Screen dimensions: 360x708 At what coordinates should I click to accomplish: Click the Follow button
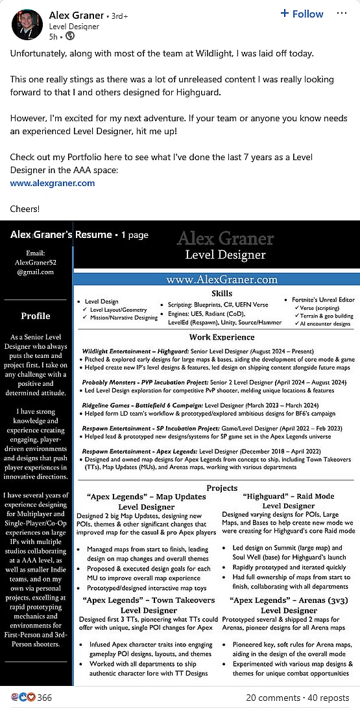pos(302,14)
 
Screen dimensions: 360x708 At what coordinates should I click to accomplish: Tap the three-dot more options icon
pos(342,14)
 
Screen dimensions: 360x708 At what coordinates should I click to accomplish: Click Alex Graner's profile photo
pos(27,25)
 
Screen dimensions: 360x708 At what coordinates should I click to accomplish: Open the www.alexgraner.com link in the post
pos(53,183)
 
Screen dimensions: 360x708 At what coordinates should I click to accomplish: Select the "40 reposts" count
pos(328,698)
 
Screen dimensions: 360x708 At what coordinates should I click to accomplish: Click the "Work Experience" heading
pos(221,337)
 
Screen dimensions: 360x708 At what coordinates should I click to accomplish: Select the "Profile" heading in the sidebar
pos(36,316)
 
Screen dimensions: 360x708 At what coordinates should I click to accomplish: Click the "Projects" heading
pos(222,488)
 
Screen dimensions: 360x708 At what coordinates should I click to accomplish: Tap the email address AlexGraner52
pos(36,263)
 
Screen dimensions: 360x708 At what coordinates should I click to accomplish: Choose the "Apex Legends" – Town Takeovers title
pos(149,600)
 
